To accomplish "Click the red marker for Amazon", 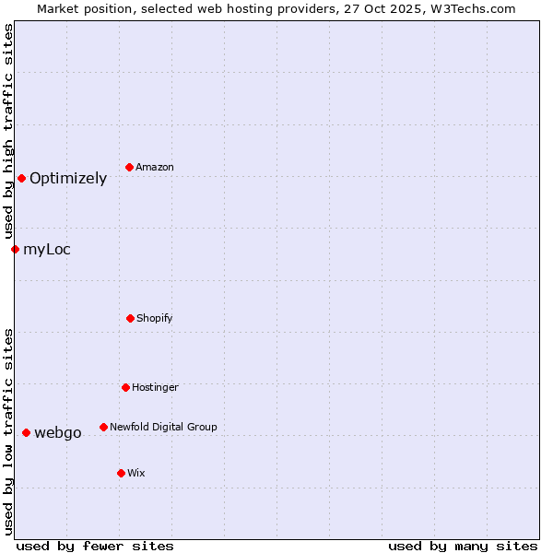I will coord(130,167).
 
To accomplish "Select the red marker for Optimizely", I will coord(21,178).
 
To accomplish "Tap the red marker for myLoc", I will coord(15,249).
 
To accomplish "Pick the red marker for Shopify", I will coord(130,318).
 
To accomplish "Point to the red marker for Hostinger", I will coord(125,387).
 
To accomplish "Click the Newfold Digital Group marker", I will coord(103,427).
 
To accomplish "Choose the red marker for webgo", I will coord(26,432).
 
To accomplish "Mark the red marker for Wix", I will coord(121,473).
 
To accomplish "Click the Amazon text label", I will coord(155,167).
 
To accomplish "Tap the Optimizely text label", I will coord(68,179).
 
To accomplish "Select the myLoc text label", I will coord(47,250).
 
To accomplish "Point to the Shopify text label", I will coord(155,318).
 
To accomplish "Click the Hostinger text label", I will coord(155,387).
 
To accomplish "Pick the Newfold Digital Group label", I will coord(163,427).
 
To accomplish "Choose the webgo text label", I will coord(58,433).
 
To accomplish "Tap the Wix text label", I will coord(136,473).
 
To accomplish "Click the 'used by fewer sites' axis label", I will coord(95,546).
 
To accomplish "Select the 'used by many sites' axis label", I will coord(463,546).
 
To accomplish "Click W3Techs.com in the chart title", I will coord(473,8).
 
